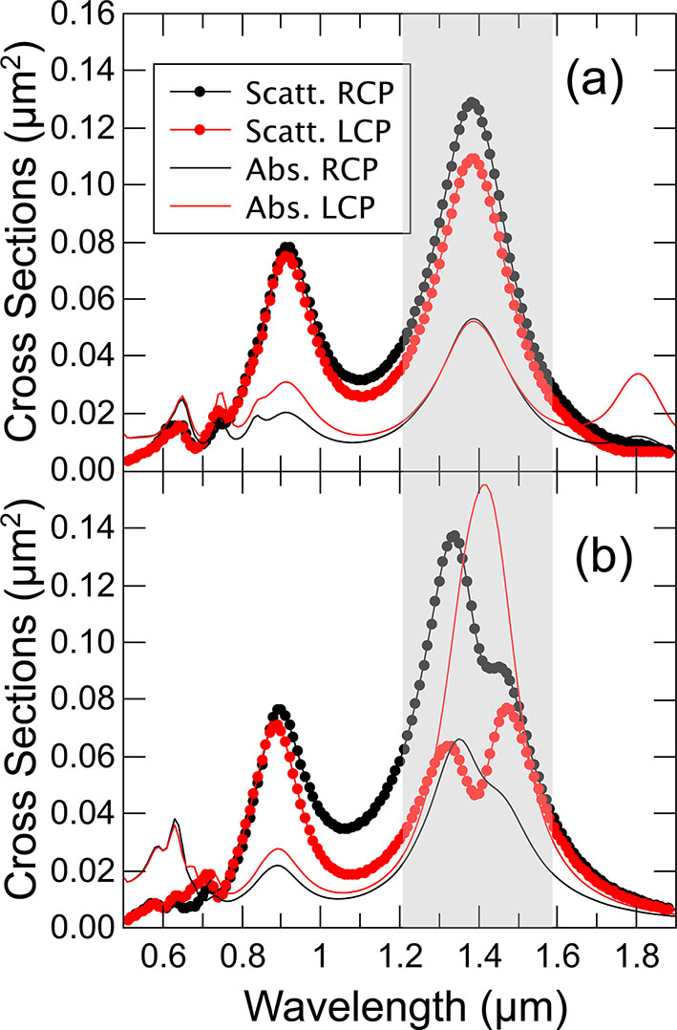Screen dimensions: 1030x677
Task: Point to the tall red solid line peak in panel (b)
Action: (x=485, y=485)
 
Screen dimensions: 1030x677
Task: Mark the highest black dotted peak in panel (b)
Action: (x=453, y=536)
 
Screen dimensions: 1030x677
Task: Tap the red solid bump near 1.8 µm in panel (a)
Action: (x=637, y=375)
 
